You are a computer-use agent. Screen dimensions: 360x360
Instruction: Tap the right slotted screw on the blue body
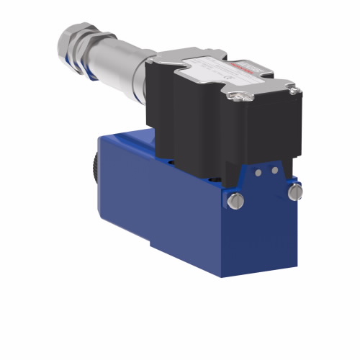[x=293, y=192]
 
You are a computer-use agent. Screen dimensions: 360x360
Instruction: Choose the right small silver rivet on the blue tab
[x=274, y=170]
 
